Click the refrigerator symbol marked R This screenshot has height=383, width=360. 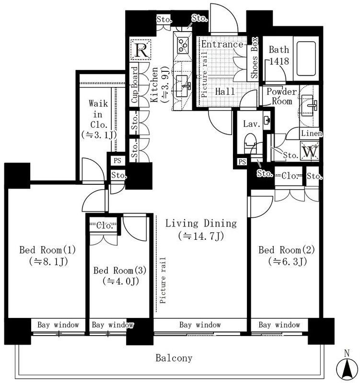[x=140, y=50]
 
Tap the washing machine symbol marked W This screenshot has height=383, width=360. [x=310, y=151]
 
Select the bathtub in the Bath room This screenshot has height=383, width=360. [x=306, y=58]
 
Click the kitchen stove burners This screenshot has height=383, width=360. [x=183, y=45]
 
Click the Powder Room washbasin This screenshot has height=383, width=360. [x=308, y=105]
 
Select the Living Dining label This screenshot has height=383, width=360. [x=201, y=224]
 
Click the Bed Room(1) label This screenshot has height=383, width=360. [x=47, y=250]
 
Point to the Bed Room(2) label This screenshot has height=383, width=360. [x=287, y=250]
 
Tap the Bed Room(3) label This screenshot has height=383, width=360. [x=120, y=270]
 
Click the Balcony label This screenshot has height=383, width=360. [x=174, y=358]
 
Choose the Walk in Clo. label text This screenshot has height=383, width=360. [x=98, y=114]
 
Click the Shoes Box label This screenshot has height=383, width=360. [x=255, y=57]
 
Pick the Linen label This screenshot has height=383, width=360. [x=312, y=134]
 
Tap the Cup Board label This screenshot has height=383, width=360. [x=135, y=85]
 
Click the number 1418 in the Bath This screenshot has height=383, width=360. [x=279, y=61]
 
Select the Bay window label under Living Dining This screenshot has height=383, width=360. [x=200, y=325]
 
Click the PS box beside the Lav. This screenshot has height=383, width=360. [x=242, y=162]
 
